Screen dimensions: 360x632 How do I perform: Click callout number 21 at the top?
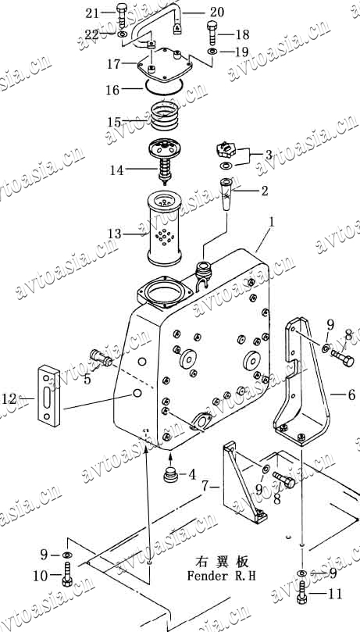(x=92, y=14)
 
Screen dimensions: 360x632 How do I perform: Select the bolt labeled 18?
(x=213, y=34)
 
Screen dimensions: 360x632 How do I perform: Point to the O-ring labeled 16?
(x=164, y=86)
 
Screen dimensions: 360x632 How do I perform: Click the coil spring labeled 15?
(x=164, y=116)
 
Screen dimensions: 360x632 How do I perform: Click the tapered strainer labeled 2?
(x=227, y=194)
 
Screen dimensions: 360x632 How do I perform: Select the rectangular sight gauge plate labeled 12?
(x=49, y=395)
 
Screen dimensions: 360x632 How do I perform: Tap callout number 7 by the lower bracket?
(x=205, y=487)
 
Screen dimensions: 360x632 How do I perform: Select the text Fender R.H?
(x=221, y=576)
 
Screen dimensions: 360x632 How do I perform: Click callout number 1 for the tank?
(x=273, y=222)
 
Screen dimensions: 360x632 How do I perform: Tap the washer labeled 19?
(x=211, y=52)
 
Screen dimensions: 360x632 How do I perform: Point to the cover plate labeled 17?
(x=164, y=66)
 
